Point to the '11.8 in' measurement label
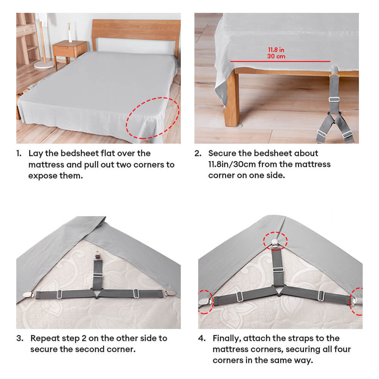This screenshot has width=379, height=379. [276, 50]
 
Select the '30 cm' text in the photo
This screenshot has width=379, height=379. [276, 56]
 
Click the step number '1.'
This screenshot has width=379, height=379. [19, 153]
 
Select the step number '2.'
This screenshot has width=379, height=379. [198, 153]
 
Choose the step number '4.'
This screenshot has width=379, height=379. [202, 338]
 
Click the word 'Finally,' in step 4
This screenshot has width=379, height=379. [228, 338]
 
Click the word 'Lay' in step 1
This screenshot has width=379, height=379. [35, 153]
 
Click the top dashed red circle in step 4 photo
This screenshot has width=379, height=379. [276, 240]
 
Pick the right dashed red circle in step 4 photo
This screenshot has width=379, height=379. [357, 301]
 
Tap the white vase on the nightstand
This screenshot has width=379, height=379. [70, 33]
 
